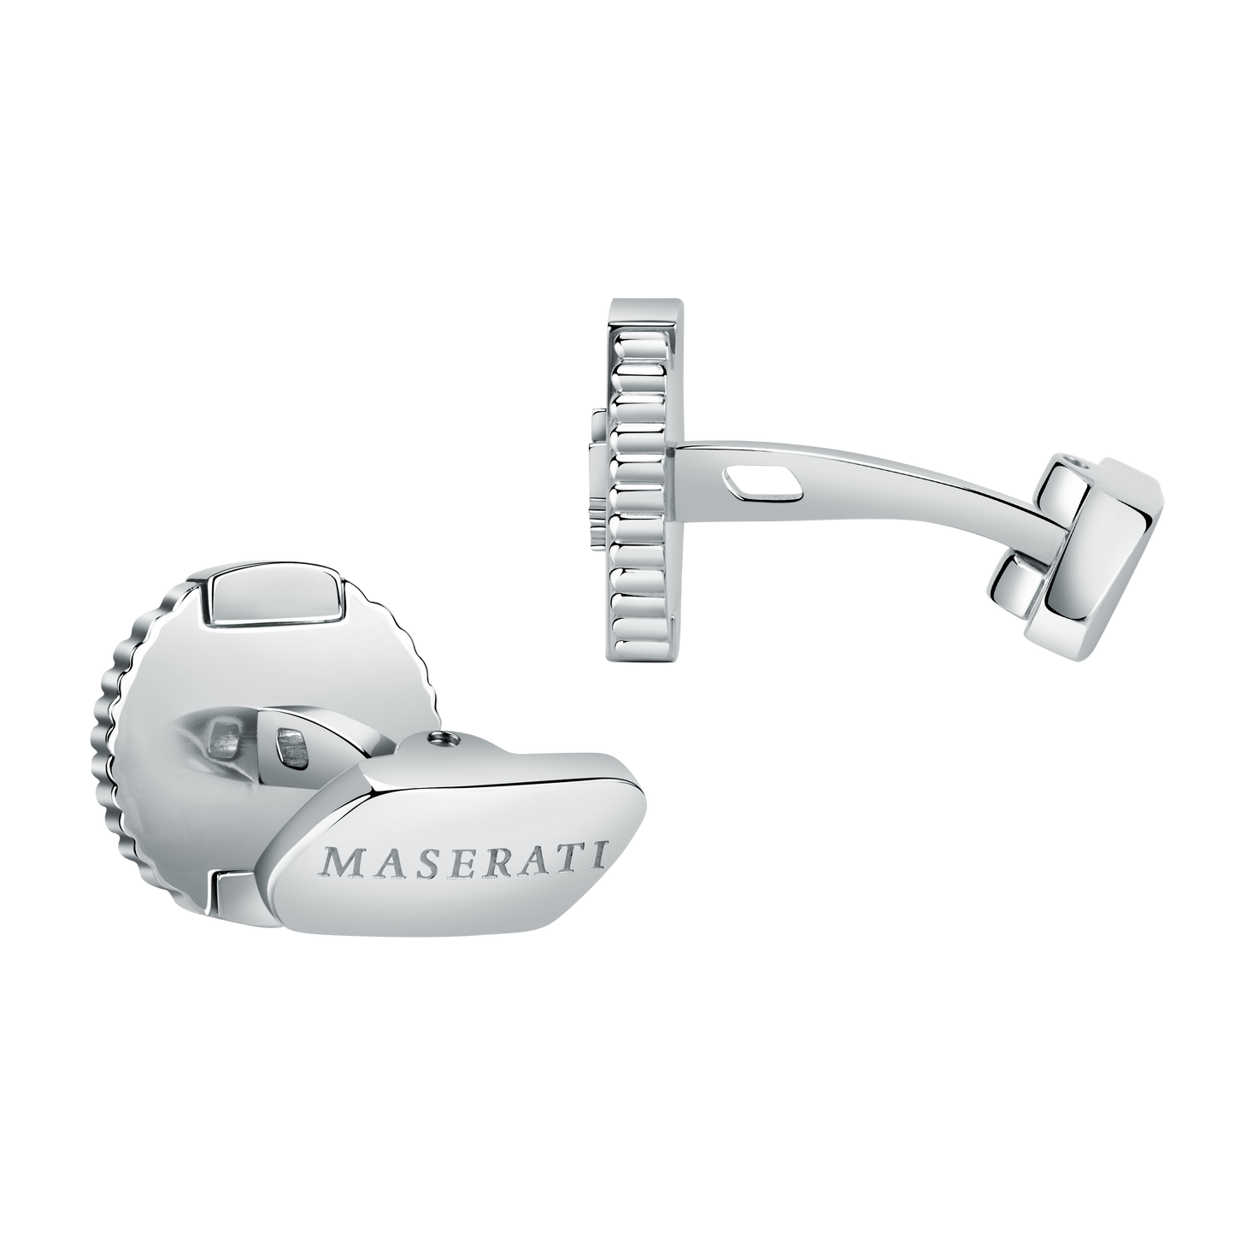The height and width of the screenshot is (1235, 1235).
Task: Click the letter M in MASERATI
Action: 338,865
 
